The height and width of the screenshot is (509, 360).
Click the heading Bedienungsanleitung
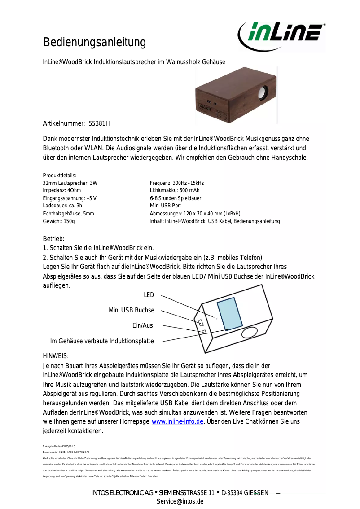[94, 43]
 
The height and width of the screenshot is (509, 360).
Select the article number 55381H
[99, 123]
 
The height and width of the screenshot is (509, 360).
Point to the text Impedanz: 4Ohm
[62, 190]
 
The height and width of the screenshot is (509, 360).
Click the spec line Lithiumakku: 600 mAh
[175, 190]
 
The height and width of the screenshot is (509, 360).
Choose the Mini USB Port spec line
[165, 206]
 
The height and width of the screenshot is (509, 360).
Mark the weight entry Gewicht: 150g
[59, 221]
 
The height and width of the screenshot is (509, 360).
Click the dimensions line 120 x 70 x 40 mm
[195, 214]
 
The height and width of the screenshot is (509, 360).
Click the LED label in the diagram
[149, 295]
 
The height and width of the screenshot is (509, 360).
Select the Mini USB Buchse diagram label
[132, 310]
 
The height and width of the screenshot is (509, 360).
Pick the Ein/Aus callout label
[142, 325]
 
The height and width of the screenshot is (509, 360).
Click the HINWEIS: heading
[56, 356]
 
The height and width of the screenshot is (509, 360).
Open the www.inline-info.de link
[178, 421]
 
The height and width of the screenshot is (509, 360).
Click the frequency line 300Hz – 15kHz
[177, 183]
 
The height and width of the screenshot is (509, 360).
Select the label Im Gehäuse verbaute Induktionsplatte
[102, 341]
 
